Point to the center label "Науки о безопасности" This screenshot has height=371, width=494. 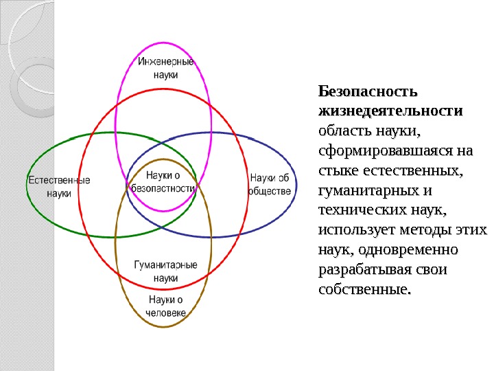click(x=163, y=181)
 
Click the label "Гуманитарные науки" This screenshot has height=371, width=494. click(x=165, y=271)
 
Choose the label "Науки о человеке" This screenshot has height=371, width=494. click(x=165, y=306)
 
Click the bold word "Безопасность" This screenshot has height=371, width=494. click(x=367, y=91)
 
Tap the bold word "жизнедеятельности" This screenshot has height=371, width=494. click(x=390, y=111)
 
